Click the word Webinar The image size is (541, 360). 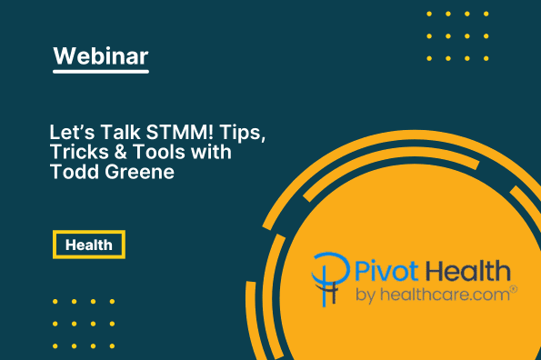101,56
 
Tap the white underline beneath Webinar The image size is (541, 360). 101,73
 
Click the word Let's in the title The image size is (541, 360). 70,134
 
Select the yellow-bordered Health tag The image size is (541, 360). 88,245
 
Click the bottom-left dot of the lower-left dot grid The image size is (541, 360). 55,343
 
